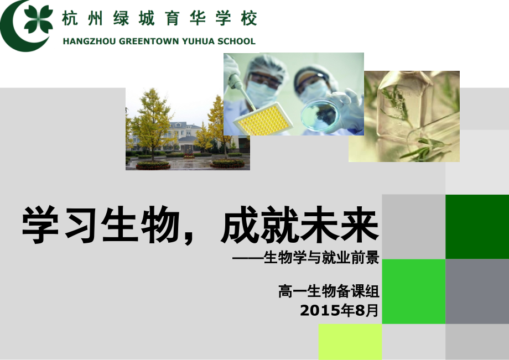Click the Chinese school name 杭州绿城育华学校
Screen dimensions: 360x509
[x=159, y=19]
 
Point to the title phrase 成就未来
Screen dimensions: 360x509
[x=299, y=225]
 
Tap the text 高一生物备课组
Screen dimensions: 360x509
[x=329, y=290]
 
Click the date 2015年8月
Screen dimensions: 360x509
[x=339, y=310]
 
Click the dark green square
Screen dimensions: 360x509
[x=477, y=227]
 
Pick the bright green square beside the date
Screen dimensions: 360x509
[x=413, y=291]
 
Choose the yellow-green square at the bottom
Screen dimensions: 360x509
[x=350, y=342]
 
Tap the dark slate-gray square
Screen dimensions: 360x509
[x=477, y=291]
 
